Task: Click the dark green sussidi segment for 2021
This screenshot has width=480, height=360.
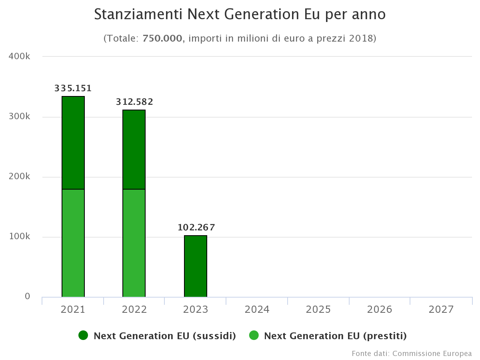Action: point(73,143)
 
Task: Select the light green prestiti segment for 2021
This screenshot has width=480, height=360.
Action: point(73,243)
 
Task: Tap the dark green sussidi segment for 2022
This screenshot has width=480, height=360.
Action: point(134,150)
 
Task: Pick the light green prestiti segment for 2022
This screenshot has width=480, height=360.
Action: point(134,243)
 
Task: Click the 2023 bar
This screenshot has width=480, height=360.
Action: point(196,266)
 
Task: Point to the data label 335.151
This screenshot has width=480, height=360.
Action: point(73,88)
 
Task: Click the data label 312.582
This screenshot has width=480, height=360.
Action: point(134,102)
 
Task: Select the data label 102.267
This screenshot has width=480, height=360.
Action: point(196,228)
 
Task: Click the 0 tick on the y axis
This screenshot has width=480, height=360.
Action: point(27,296)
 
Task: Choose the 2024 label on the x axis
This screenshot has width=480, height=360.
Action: point(257,309)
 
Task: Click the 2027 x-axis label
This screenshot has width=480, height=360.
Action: point(441,309)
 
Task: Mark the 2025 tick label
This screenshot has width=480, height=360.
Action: point(318,309)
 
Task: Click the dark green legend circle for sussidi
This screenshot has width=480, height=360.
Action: point(83,336)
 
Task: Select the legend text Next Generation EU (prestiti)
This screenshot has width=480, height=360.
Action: point(335,336)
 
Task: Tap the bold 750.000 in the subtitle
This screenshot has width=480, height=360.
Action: point(162,38)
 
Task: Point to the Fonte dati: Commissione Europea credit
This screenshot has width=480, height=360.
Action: point(412,354)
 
